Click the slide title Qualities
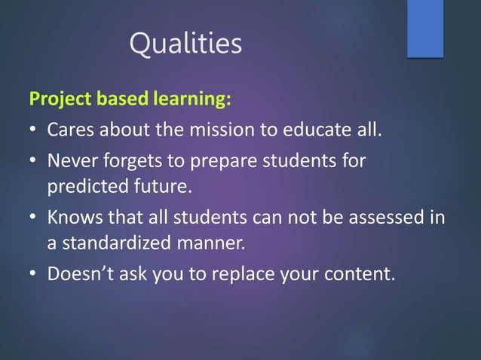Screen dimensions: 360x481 click(x=185, y=44)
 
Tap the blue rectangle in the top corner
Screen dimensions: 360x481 click(x=425, y=28)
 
